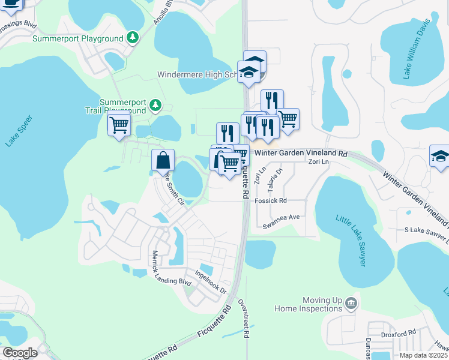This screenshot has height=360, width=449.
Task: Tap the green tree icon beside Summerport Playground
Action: [x=133, y=38]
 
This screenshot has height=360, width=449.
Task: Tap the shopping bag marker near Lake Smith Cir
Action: [x=163, y=161]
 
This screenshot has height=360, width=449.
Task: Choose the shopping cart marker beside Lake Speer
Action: [x=119, y=125]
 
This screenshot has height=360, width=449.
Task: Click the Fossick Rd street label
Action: [x=271, y=201]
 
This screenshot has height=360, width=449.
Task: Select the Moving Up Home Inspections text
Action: [x=308, y=304]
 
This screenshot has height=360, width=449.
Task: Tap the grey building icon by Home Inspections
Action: [x=351, y=305]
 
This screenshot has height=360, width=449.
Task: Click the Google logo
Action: [x=19, y=353]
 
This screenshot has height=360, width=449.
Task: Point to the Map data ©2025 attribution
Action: [x=424, y=355]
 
